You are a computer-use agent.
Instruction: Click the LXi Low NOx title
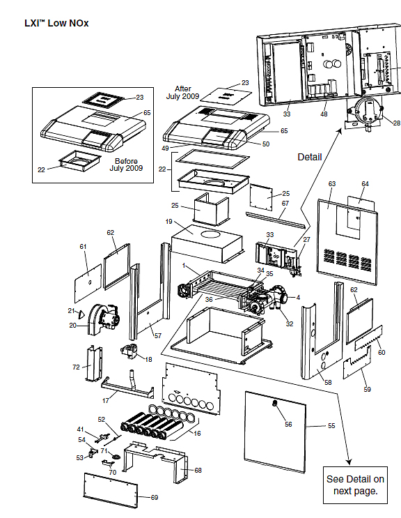point(56,23)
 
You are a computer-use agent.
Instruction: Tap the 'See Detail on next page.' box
point(355,485)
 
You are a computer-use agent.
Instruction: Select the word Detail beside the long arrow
point(310,157)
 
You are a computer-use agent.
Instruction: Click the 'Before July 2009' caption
point(126,165)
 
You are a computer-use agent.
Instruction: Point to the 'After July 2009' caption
point(182,93)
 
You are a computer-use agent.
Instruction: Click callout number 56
point(288,424)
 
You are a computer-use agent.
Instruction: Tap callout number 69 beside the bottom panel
point(155,498)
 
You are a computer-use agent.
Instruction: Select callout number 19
point(169,221)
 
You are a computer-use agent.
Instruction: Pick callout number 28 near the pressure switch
point(396,123)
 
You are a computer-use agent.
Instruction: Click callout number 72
point(76,367)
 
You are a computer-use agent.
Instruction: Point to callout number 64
point(365,183)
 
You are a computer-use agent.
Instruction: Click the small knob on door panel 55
point(274,403)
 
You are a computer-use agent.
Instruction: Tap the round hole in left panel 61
point(90,282)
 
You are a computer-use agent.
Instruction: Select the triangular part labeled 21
point(81,312)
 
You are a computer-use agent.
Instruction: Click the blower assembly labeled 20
point(104,319)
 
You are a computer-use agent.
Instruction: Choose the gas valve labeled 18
point(129,351)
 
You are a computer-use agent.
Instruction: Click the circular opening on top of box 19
point(212,234)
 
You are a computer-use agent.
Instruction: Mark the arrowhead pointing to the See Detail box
point(349,462)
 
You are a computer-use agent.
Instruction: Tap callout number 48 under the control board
point(324,114)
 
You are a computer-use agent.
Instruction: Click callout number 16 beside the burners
point(197,434)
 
